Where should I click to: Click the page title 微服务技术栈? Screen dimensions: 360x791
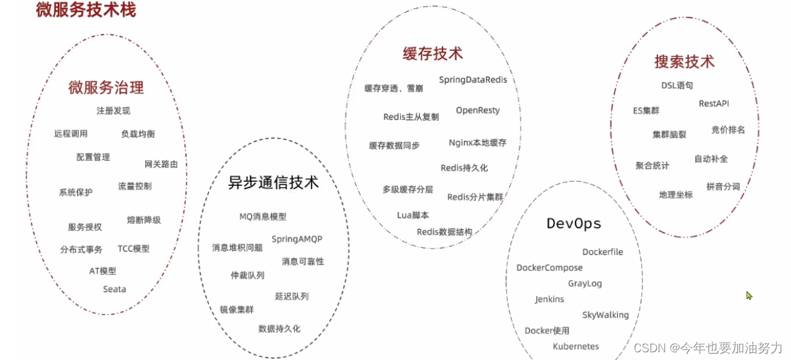86,10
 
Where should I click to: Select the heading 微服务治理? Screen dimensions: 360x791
106,88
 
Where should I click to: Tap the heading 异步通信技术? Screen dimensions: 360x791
274,183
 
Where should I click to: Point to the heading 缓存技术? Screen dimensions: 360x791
432,54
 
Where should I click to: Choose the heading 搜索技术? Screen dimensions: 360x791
685,62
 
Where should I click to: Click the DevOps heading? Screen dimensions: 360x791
574,224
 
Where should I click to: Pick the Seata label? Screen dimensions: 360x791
115,289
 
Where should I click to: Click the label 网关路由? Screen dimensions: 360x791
161,164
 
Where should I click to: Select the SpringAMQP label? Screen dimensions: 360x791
297,239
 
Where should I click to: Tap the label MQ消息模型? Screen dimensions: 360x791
263,217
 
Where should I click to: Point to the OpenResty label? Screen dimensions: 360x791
477,110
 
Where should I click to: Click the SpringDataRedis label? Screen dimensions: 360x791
473,80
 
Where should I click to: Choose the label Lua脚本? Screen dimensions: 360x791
413,215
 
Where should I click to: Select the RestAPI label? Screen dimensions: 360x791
714,104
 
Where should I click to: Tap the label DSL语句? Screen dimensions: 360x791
677,85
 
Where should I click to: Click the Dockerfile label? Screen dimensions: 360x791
603,252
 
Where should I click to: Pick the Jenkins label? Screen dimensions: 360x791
550,299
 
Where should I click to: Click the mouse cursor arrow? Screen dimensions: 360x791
749,295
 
